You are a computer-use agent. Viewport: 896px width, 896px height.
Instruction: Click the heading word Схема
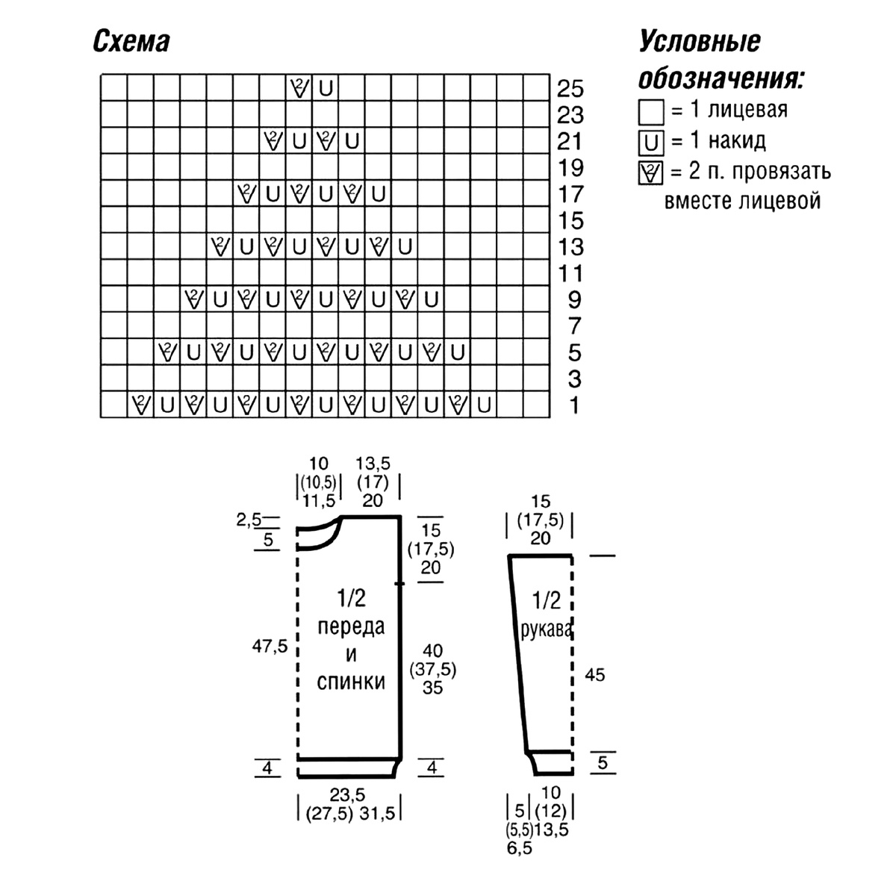(x=131, y=42)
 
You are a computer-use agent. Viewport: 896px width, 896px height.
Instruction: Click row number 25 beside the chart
(x=570, y=88)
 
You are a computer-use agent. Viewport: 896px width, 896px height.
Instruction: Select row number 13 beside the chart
(x=570, y=247)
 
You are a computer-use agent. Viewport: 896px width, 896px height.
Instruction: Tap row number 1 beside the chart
(x=574, y=405)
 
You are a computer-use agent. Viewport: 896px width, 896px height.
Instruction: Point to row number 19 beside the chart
(x=570, y=168)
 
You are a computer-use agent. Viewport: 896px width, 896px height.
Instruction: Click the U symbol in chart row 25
(x=326, y=88)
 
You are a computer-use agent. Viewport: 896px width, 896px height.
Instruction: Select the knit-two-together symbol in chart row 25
(x=299, y=88)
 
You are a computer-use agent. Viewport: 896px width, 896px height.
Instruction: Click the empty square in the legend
(x=651, y=112)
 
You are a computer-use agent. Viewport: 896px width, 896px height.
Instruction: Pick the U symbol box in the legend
(x=651, y=143)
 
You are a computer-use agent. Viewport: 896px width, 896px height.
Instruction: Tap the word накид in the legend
(x=737, y=141)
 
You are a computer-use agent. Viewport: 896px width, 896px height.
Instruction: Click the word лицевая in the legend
(x=747, y=111)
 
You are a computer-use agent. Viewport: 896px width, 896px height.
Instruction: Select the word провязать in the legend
(x=781, y=172)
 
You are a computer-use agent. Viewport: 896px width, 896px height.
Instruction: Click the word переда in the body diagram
(x=351, y=627)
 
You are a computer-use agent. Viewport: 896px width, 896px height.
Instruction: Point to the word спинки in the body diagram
(x=351, y=682)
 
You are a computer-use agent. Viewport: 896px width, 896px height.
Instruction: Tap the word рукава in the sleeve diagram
(x=546, y=632)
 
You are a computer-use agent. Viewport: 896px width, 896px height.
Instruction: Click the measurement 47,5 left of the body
(x=270, y=646)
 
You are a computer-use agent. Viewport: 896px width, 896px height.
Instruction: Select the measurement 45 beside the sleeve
(x=594, y=675)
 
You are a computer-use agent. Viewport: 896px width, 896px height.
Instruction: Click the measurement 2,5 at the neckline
(x=249, y=520)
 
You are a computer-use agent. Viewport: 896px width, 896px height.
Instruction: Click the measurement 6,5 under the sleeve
(x=520, y=848)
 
